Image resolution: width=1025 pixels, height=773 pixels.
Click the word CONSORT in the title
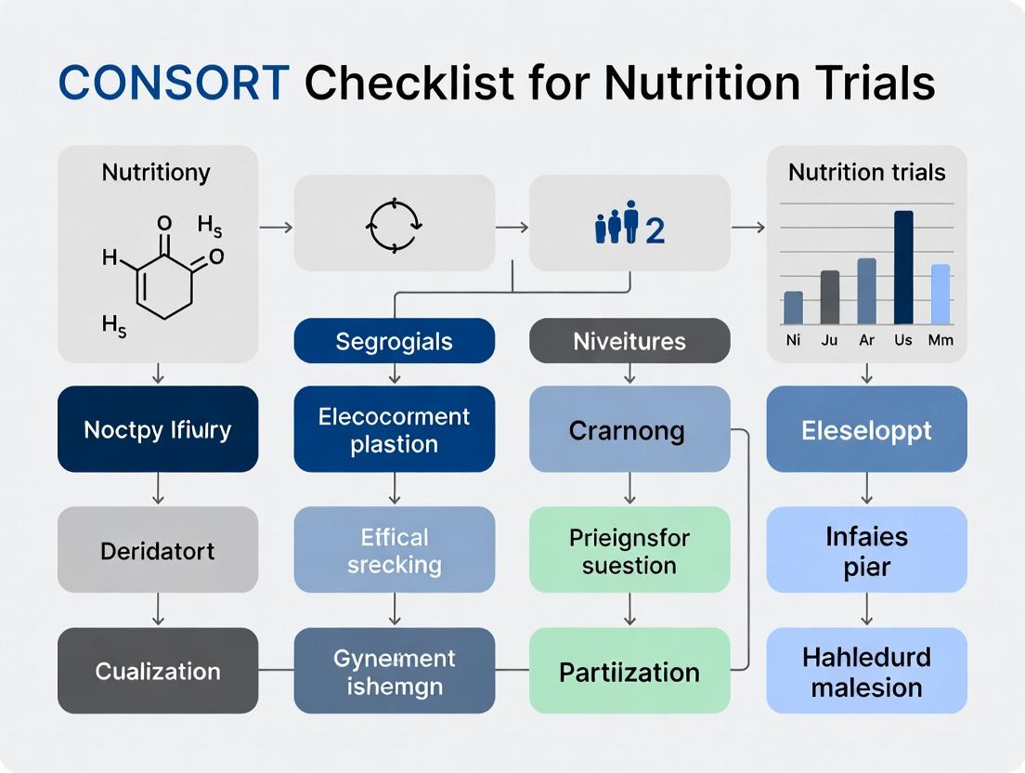pos(174,84)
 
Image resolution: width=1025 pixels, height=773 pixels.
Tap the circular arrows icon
pos(396,225)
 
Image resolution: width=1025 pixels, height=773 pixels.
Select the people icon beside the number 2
pos(617,225)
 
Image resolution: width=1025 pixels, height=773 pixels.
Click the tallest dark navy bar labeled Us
pos(903,268)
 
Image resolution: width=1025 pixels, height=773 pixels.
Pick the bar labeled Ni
pos(793,308)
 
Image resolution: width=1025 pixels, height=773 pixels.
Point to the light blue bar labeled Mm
pos(940,294)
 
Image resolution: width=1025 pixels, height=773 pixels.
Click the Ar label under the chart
pos(866,340)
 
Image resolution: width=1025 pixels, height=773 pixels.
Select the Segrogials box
pos(395,341)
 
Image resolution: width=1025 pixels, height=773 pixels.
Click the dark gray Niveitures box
pos(629,341)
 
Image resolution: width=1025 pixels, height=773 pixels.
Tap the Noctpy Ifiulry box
pos(158,429)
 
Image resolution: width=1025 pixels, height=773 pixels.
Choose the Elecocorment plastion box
pos(395,429)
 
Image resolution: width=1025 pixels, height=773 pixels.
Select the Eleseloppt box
pos(866,429)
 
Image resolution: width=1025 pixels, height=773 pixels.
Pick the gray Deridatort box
pos(158,550)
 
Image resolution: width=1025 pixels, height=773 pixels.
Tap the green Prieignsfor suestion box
pos(629,550)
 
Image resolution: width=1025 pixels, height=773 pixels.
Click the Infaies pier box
pos(866,550)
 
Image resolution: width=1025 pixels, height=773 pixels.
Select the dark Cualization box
pos(158,671)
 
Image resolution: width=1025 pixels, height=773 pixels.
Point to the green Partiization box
pos(629,671)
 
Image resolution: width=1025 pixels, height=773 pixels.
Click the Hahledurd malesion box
pos(866,671)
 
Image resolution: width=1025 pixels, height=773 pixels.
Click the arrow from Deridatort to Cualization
pos(158,609)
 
